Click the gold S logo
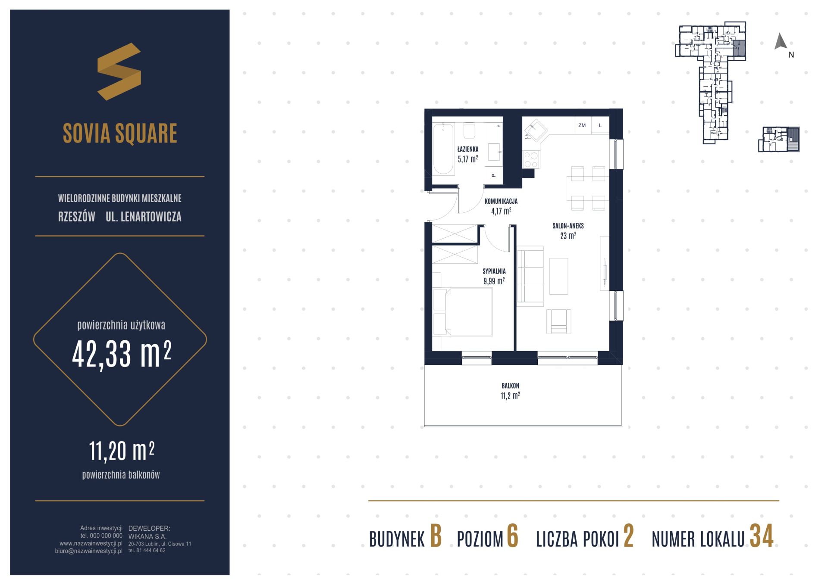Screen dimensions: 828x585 click(119, 72)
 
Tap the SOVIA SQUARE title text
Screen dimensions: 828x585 click(120, 133)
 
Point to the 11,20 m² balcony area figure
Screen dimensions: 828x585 click(122, 451)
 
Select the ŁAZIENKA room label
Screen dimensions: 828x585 click(468, 149)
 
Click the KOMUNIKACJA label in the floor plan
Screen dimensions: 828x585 click(501, 201)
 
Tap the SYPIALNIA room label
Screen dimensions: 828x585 click(494, 271)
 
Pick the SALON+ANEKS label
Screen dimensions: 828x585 click(568, 226)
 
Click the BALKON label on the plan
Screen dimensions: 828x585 click(510, 386)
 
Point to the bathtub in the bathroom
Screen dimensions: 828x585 click(443, 149)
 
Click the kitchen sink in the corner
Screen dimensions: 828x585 click(535, 130)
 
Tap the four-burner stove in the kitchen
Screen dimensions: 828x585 click(530, 159)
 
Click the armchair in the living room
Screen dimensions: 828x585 click(558, 321)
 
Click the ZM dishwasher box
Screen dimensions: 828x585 click(582, 125)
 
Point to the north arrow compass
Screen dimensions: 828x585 click(781, 41)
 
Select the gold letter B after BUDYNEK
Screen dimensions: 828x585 click(436, 537)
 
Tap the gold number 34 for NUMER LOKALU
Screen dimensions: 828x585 click(762, 537)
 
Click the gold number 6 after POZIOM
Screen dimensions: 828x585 click(512, 537)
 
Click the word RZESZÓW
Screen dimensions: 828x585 click(77, 216)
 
